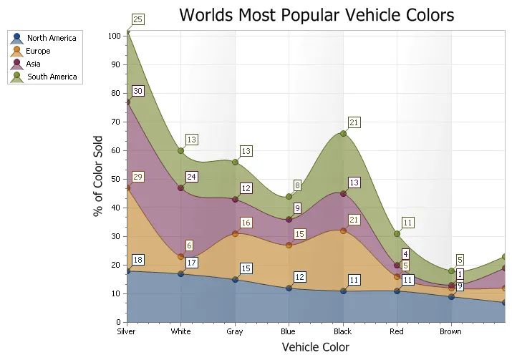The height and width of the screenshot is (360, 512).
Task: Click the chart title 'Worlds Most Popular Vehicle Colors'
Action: click(316, 15)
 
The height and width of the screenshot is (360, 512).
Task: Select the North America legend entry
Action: click(51, 39)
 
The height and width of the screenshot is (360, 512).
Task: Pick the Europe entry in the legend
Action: click(39, 52)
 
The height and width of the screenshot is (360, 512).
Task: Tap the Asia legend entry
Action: click(34, 64)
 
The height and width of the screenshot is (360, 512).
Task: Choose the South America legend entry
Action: click(52, 77)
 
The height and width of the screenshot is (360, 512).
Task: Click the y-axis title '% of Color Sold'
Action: click(98, 176)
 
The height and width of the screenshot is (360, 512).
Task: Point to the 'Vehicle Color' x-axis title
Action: click(316, 347)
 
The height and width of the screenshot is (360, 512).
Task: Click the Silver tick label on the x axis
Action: click(127, 331)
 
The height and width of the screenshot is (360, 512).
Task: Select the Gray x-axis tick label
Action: click(234, 331)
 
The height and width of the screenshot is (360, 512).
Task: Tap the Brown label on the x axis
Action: click(450, 331)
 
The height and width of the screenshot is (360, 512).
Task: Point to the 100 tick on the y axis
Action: click(115, 36)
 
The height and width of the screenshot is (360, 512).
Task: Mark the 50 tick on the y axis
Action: click(117, 179)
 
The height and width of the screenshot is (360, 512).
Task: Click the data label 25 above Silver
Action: click(138, 19)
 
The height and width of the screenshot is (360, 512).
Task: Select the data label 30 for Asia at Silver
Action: click(138, 91)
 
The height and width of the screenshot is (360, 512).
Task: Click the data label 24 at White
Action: click(192, 177)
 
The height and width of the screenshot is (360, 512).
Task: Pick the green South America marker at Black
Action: click(343, 133)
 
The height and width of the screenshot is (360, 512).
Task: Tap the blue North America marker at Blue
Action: click(289, 288)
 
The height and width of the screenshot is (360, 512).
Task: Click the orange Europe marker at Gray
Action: click(235, 233)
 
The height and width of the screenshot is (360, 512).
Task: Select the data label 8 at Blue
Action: click(298, 186)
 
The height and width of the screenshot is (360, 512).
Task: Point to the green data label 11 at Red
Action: click(408, 223)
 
